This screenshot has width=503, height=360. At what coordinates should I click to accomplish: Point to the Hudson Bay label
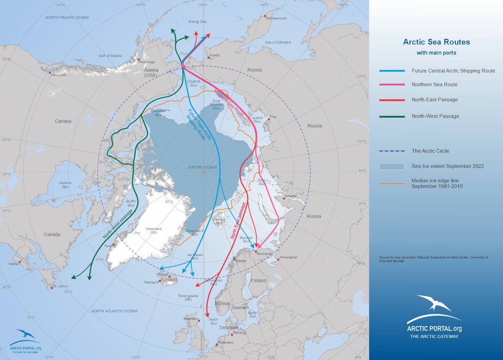pos(65,185)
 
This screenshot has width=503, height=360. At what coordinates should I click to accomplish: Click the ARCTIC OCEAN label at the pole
pos(202,168)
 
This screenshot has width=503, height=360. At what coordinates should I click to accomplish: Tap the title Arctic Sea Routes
pos(436,42)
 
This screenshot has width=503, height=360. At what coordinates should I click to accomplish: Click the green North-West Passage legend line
pos(392,116)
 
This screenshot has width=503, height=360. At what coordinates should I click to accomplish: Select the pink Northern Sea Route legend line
pos(392,84)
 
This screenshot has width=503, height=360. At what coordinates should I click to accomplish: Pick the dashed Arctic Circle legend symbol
pos(392,151)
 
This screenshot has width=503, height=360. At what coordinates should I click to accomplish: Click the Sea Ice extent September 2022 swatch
pos(392,166)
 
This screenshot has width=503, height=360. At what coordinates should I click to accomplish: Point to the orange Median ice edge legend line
pos(392,183)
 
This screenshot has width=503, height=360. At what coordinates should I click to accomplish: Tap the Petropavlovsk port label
pos(276,19)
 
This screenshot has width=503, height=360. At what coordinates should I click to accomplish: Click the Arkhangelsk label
pos(288,257)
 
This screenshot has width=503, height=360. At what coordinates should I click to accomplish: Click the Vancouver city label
pos(59,75)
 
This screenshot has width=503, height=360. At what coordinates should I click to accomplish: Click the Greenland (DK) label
pos(153,231)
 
